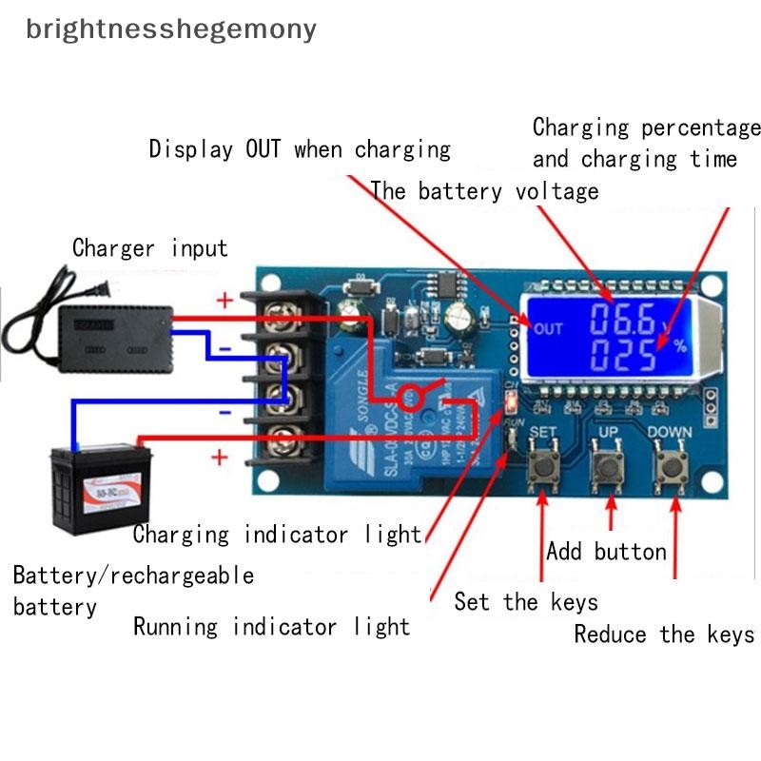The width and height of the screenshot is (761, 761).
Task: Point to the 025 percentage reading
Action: [x=621, y=356]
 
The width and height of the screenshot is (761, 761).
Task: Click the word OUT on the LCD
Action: [x=549, y=329]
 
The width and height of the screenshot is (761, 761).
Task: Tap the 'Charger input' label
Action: [x=150, y=249]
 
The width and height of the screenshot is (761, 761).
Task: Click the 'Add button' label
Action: [x=606, y=552]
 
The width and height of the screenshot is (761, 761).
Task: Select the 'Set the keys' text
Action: [x=526, y=601]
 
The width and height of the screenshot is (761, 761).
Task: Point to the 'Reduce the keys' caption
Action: [x=664, y=634]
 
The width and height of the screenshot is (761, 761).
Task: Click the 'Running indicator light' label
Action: [x=271, y=627]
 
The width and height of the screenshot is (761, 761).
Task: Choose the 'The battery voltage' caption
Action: [x=484, y=190]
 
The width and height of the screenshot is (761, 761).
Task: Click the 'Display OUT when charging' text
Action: [x=300, y=149]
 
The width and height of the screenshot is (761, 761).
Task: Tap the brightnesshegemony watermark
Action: [x=171, y=29]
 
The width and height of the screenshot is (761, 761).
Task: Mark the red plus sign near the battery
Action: [x=220, y=458]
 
